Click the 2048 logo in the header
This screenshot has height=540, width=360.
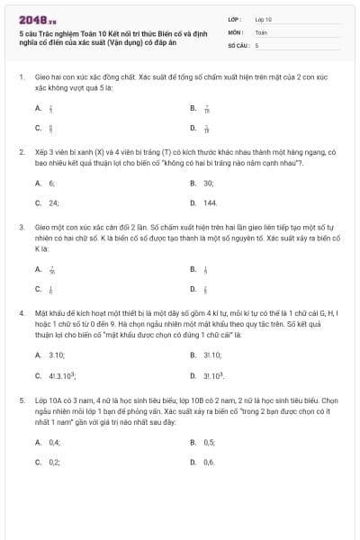click(x=31, y=17)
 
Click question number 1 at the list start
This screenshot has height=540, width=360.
click(x=21, y=77)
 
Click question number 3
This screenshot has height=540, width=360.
click(x=21, y=229)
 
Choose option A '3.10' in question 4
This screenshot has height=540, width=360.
click(x=56, y=355)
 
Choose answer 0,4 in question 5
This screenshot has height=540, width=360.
click(x=54, y=442)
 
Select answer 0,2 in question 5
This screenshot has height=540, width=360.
click(x=54, y=462)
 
